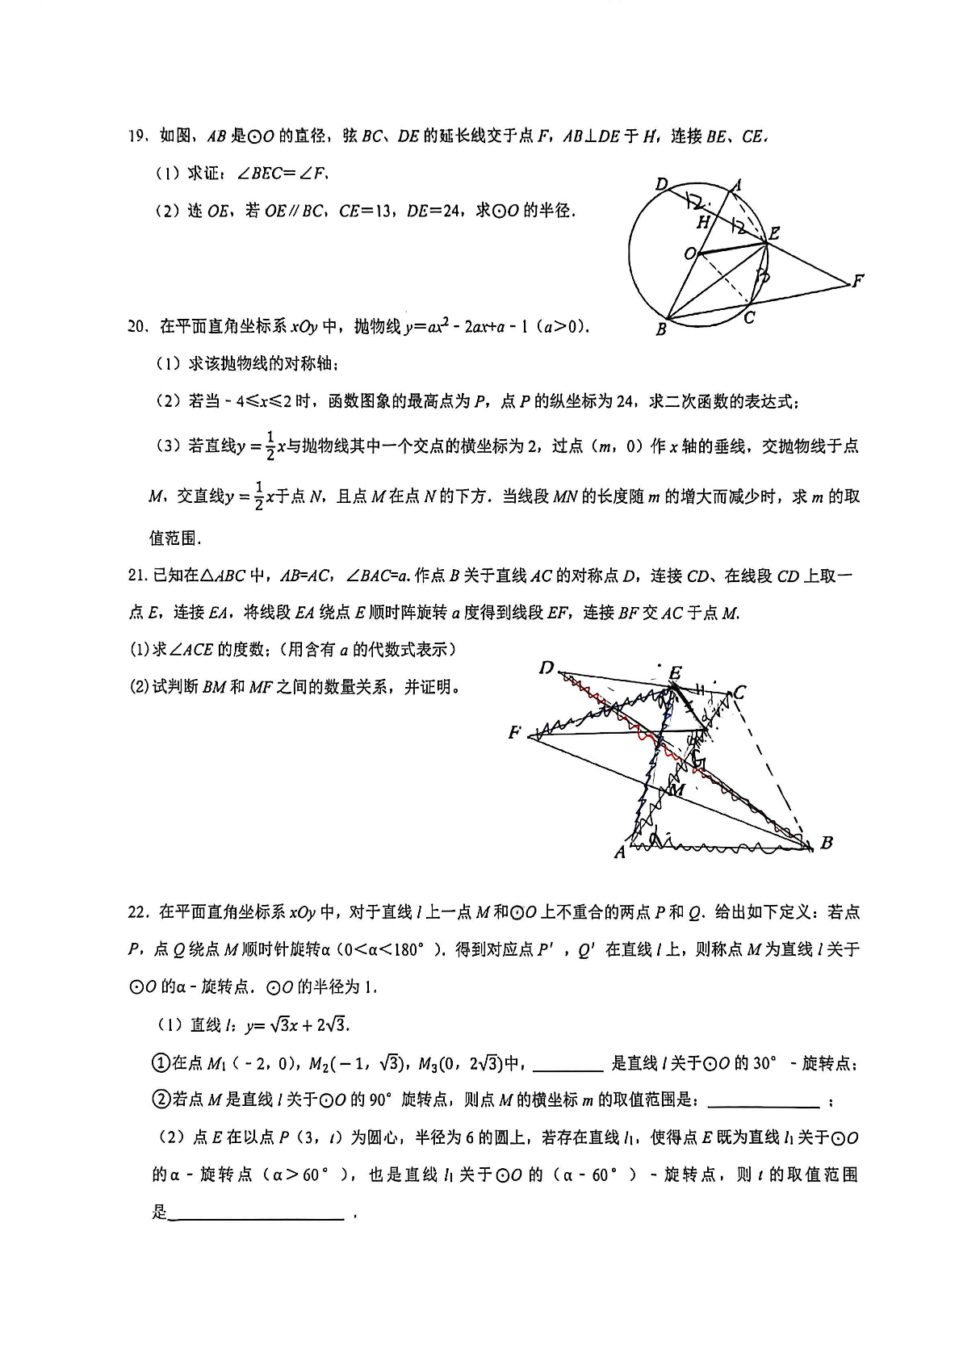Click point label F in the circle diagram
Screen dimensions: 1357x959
[857, 281]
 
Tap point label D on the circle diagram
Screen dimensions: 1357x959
[661, 185]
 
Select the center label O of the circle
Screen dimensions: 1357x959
[689, 254]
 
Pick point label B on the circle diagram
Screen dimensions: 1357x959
[661, 329]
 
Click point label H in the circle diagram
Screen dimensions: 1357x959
[702, 222]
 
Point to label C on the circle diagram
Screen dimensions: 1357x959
[749, 318]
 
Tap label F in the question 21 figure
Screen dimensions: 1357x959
[514, 733]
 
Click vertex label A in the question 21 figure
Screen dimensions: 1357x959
[619, 852]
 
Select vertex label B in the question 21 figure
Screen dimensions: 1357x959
[826, 843]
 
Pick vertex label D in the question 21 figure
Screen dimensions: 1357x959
[547, 668]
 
